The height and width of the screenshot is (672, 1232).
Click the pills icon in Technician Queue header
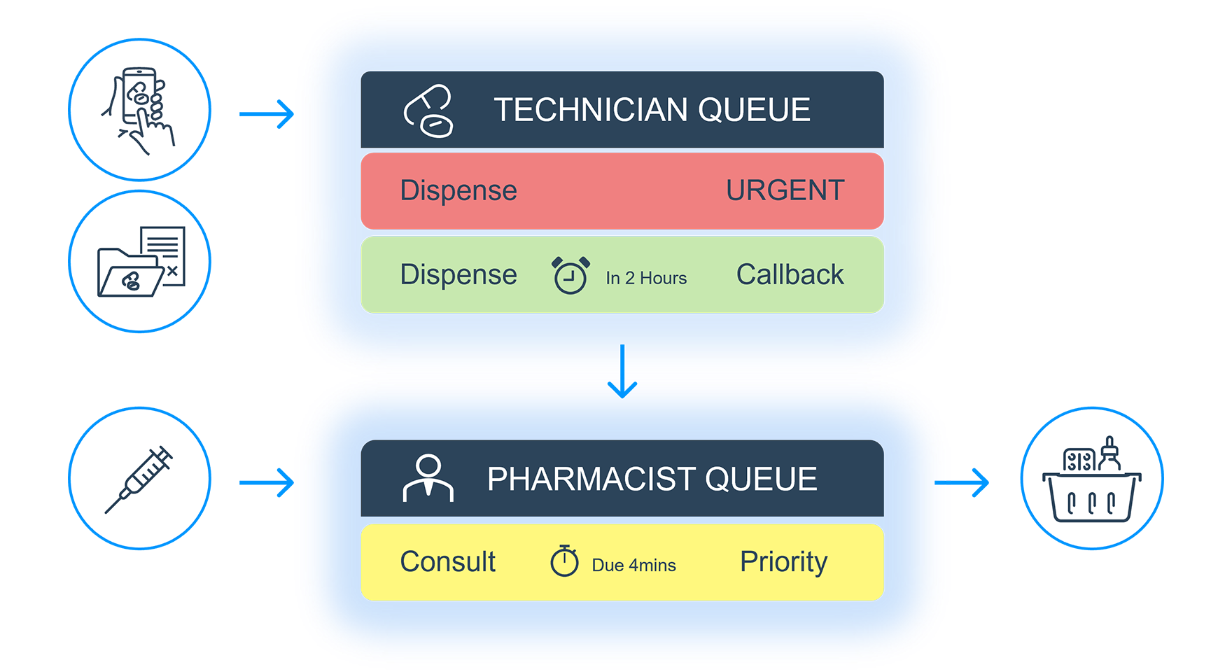[x=428, y=111]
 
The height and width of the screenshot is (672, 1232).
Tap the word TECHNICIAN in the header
[x=591, y=110]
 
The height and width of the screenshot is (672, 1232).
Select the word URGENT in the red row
[x=785, y=190]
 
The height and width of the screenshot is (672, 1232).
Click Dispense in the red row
[x=458, y=190]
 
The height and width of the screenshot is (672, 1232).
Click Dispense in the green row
[x=458, y=274]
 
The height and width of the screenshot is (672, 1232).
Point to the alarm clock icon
[x=570, y=275]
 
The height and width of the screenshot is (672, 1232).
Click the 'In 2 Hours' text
[x=646, y=278]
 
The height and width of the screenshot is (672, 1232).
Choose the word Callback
[x=790, y=274]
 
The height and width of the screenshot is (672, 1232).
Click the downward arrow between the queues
[x=622, y=371]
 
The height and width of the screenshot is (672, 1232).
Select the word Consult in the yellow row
[x=447, y=561]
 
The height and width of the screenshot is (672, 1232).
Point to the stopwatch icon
[x=564, y=561]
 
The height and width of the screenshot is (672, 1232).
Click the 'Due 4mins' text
[x=633, y=565]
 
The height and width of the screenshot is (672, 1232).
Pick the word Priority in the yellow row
[x=783, y=561]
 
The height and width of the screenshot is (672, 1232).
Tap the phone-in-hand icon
[x=139, y=110]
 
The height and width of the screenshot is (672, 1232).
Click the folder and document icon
[x=141, y=261]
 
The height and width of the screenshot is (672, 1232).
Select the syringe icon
[x=139, y=479]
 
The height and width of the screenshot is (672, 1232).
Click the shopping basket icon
[x=1091, y=479]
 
